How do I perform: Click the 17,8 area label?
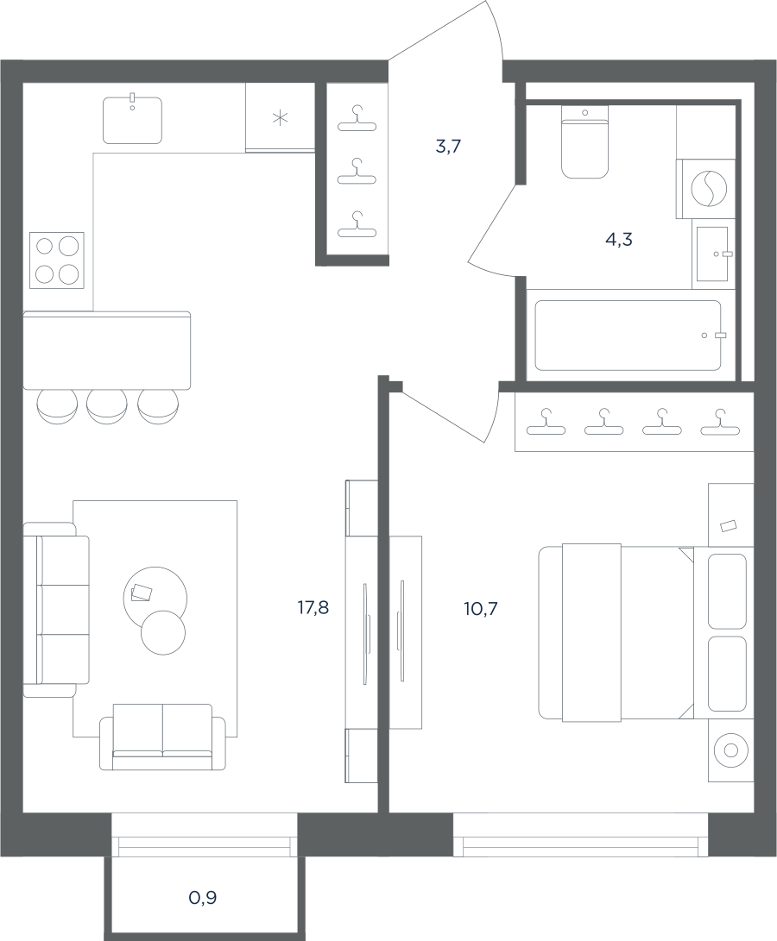tap(313, 609)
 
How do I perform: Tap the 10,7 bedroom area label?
tap(481, 610)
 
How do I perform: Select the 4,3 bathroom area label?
tap(619, 240)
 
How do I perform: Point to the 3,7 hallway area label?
tap(448, 146)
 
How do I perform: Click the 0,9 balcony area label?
tap(203, 898)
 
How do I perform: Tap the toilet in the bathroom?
tap(584, 142)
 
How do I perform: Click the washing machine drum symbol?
tap(709, 188)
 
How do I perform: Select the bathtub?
tap(628, 335)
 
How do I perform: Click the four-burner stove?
tap(57, 260)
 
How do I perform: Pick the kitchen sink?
tap(132, 120)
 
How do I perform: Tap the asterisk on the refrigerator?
tap(280, 118)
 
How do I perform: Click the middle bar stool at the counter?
tap(107, 406)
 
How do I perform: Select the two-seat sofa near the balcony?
tap(162, 737)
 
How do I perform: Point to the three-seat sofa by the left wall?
tap(56, 610)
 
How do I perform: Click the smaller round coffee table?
tap(163, 632)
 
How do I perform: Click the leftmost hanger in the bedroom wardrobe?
tap(546, 422)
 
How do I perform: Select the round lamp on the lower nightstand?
tap(730, 750)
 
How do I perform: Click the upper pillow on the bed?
tap(727, 591)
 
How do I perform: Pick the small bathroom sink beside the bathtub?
tap(713, 254)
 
